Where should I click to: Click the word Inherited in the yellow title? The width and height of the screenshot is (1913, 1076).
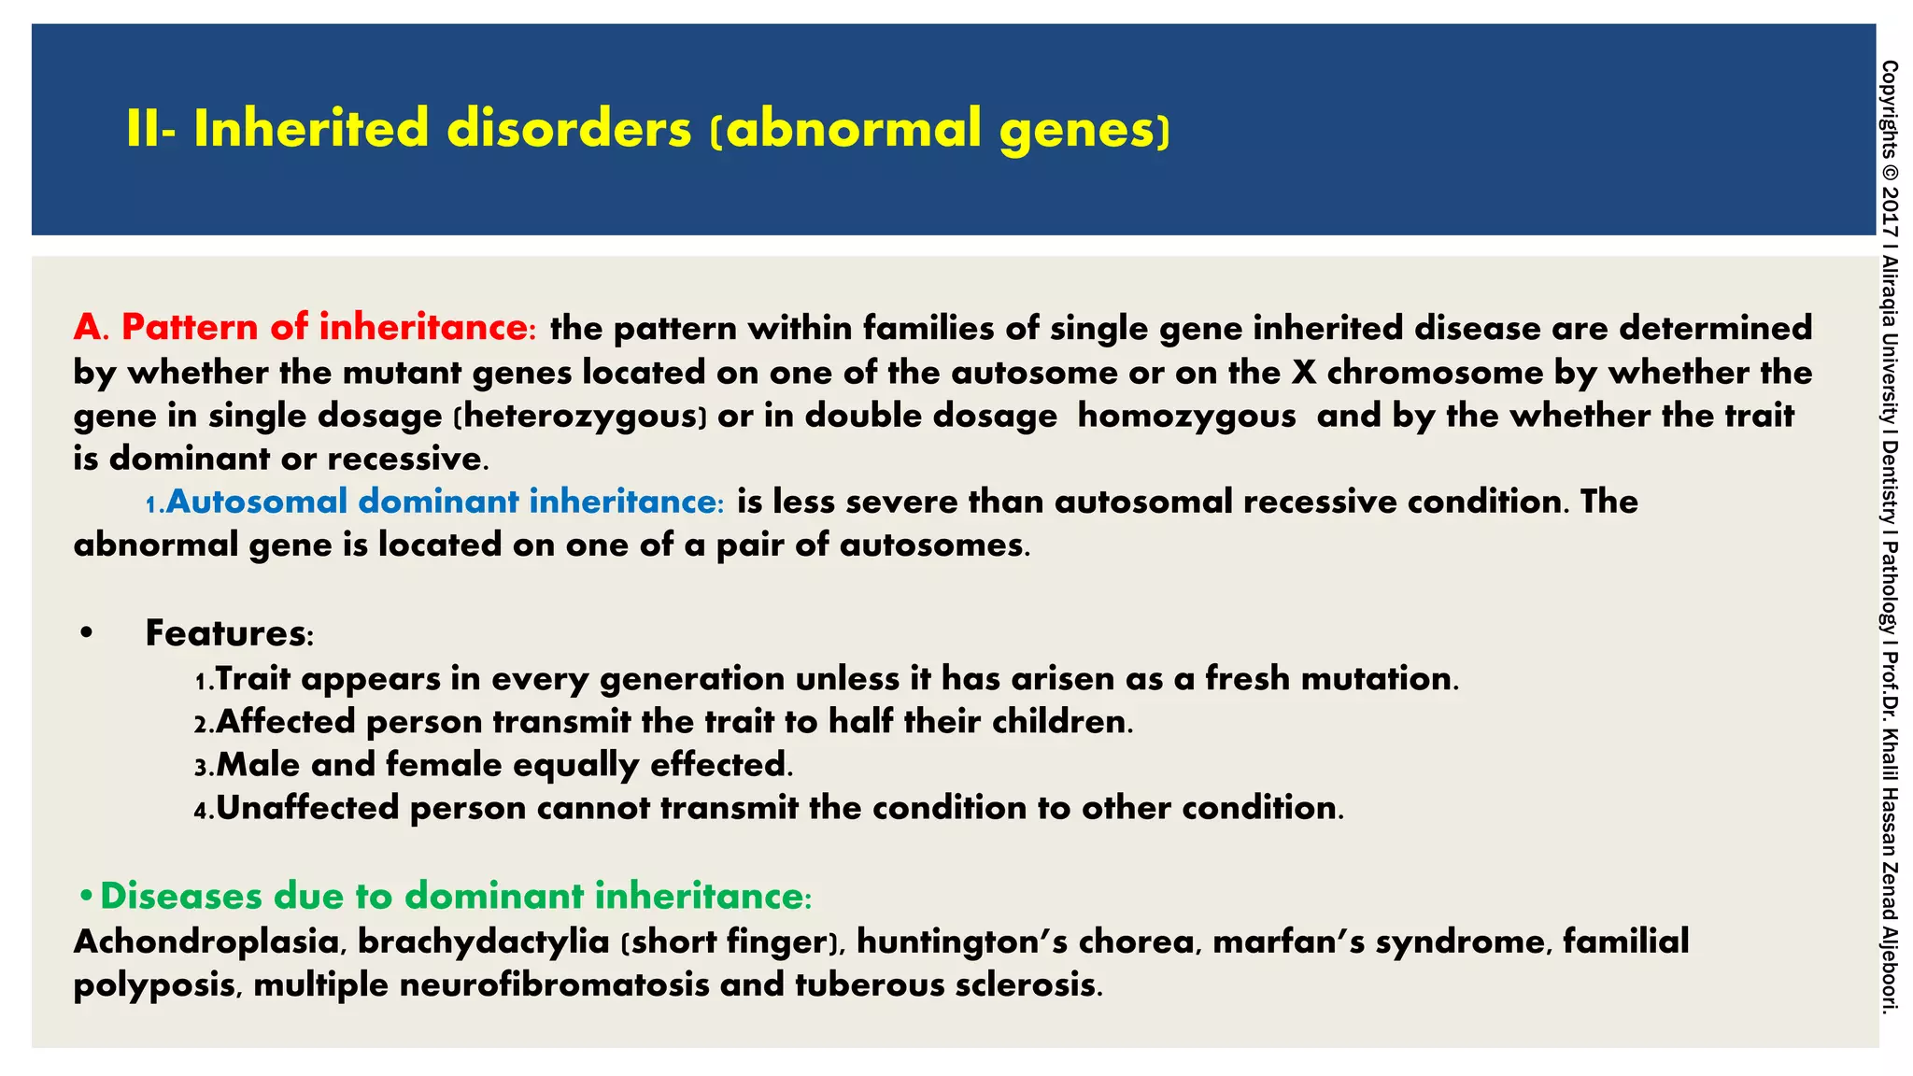(x=311, y=129)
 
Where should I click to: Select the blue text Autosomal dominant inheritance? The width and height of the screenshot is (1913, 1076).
(x=444, y=502)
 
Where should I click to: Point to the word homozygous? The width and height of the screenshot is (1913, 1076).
(x=1186, y=416)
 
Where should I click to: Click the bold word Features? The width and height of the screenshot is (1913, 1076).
(x=226, y=633)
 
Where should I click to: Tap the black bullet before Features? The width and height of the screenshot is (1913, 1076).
(x=87, y=633)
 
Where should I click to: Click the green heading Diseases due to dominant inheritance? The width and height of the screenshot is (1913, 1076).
(x=454, y=897)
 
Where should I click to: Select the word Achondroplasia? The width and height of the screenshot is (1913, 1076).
(x=206, y=941)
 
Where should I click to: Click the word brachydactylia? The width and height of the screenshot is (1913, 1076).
(x=483, y=941)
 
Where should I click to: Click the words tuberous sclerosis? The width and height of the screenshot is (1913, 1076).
(x=946, y=984)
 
